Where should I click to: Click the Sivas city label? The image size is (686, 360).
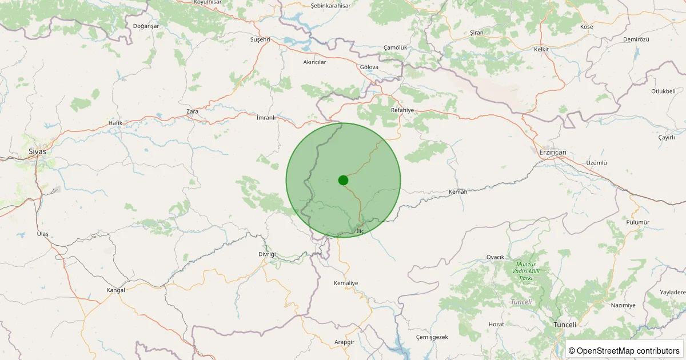click(37, 152)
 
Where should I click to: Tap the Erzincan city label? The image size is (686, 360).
click(552, 152)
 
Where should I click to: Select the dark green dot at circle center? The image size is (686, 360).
click(343, 180)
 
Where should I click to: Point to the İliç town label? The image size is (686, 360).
click(359, 231)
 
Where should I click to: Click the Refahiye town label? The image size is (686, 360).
click(402, 110)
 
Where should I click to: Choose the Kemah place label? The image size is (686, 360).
click(458, 192)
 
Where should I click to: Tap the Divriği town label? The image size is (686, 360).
click(266, 254)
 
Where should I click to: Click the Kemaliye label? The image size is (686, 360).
click(345, 283)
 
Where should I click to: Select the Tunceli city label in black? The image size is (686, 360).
click(565, 325)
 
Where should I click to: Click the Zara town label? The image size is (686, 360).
click(193, 111)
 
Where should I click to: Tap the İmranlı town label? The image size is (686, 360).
click(266, 118)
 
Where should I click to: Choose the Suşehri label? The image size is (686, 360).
click(260, 40)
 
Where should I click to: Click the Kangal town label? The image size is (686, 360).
click(115, 290)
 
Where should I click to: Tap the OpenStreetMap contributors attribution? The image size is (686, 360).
click(624, 350)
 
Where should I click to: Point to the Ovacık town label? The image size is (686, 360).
click(495, 257)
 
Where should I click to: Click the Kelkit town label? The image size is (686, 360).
click(541, 50)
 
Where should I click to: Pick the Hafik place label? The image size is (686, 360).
click(115, 123)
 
